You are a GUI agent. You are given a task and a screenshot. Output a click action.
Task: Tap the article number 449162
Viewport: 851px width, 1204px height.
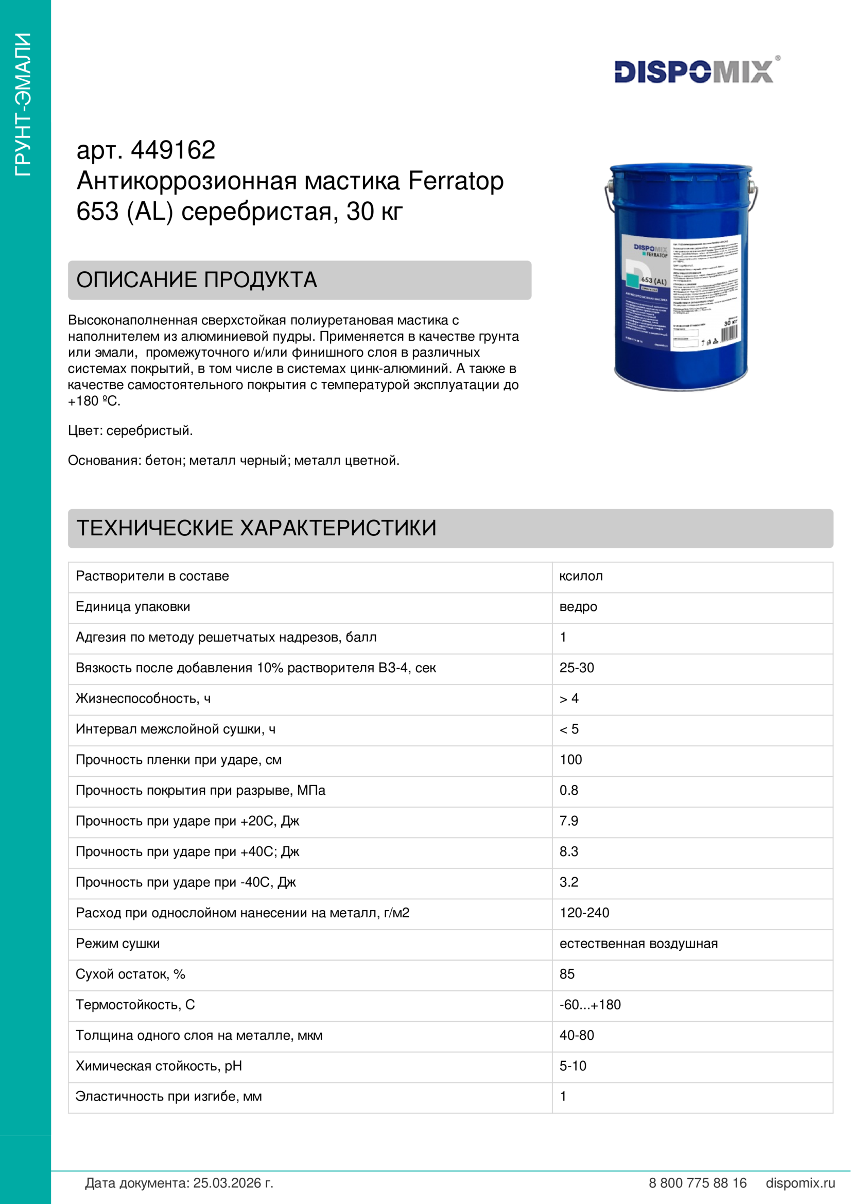[x=173, y=150]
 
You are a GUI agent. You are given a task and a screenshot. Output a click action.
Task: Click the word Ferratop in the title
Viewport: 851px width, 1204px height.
[x=456, y=180]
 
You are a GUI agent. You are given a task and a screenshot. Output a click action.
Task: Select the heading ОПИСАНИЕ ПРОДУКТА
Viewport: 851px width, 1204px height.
[x=197, y=280]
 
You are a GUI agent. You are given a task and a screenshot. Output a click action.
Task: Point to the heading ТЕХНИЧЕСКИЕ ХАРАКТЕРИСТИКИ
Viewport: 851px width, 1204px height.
[x=256, y=528]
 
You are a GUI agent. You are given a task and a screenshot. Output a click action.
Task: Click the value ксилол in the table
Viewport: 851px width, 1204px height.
[x=581, y=576]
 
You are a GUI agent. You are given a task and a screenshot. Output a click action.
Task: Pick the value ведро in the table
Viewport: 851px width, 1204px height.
[x=578, y=606]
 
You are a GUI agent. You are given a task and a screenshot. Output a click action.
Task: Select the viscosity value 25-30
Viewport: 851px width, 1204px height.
[x=576, y=668]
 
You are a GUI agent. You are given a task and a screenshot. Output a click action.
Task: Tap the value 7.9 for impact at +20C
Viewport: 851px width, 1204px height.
[x=568, y=821]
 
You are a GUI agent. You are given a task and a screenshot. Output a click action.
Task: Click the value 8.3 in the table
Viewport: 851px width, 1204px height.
[x=568, y=851]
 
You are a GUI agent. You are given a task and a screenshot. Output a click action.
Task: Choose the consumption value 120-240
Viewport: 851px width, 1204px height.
[x=584, y=913]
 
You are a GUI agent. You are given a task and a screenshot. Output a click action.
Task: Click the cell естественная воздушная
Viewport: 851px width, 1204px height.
[x=638, y=944]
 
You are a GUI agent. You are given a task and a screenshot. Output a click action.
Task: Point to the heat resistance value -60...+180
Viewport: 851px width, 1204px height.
[x=590, y=1005]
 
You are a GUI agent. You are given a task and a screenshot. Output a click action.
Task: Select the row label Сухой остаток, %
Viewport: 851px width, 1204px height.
[x=131, y=974]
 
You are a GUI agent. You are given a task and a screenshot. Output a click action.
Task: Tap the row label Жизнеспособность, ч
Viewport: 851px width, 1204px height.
[x=143, y=699]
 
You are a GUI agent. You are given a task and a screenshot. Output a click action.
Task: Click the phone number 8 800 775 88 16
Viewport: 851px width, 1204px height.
[x=698, y=1183]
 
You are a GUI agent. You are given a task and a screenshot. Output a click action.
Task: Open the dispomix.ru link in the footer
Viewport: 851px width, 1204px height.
[x=800, y=1183]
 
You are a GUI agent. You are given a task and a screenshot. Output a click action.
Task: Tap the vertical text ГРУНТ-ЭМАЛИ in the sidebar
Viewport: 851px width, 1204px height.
[x=23, y=104]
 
